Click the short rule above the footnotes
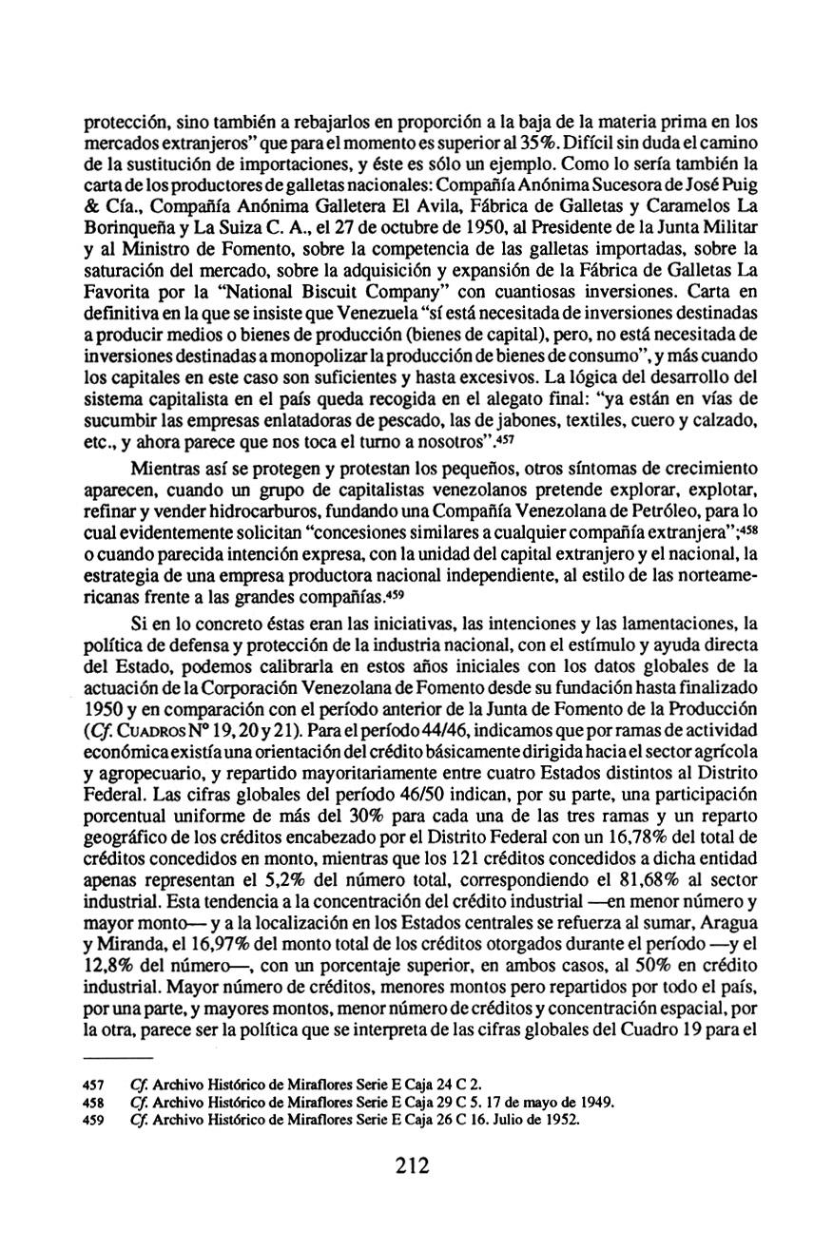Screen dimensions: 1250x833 (x=118, y=1058)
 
